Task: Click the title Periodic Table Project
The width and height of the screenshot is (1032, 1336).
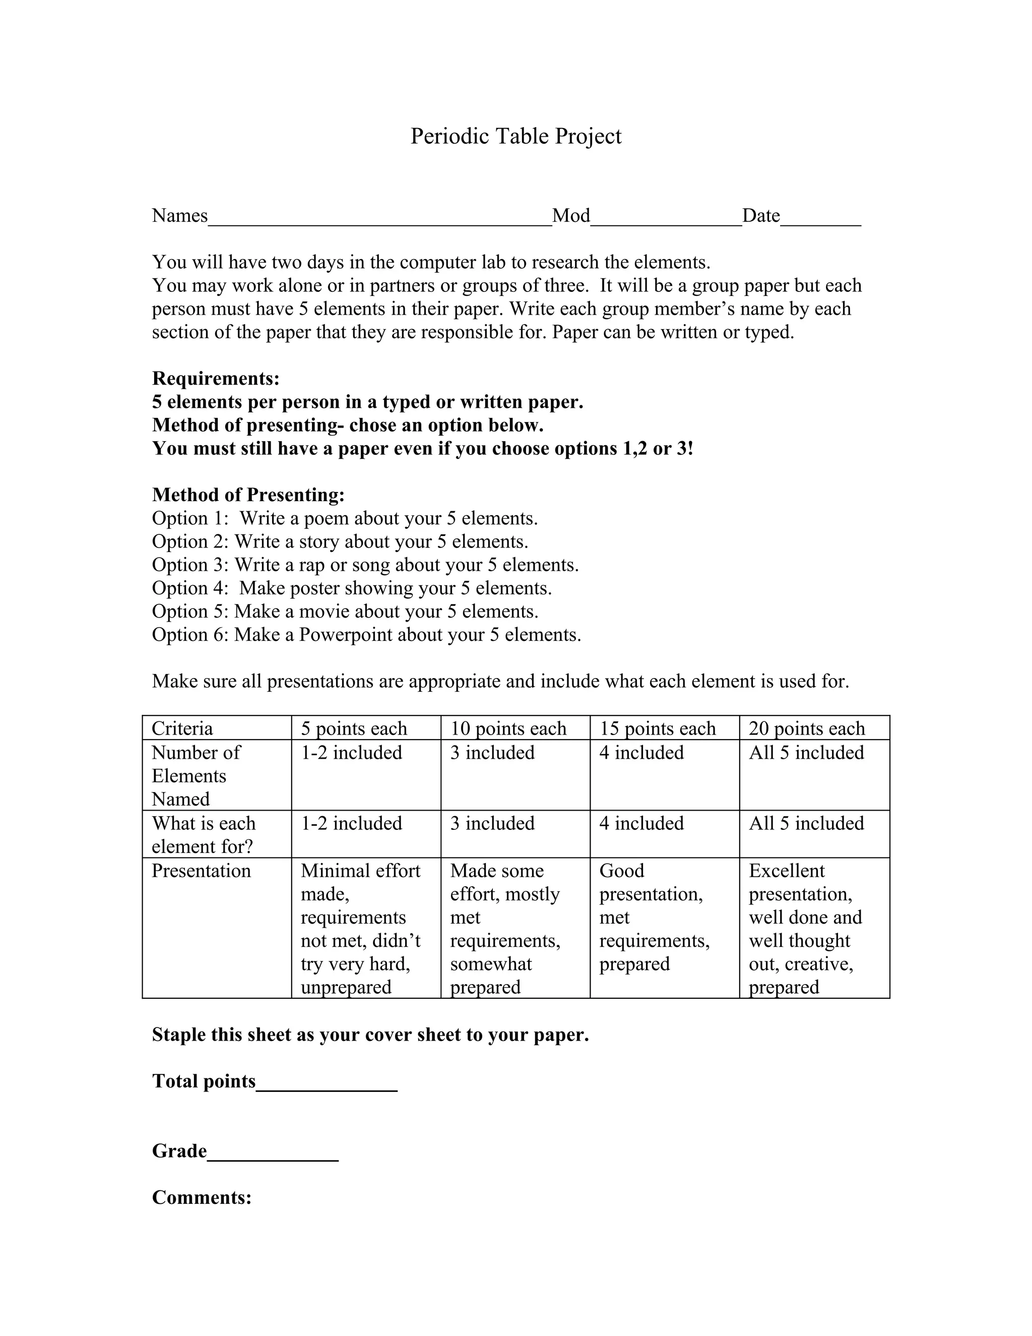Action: [515, 136]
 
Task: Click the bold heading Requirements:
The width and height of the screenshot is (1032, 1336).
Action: [216, 379]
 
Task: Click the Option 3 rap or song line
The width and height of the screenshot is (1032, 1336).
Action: [365, 565]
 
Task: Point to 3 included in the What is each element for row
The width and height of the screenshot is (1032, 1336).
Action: [492, 823]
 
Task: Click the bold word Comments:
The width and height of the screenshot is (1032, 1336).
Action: [202, 1197]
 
